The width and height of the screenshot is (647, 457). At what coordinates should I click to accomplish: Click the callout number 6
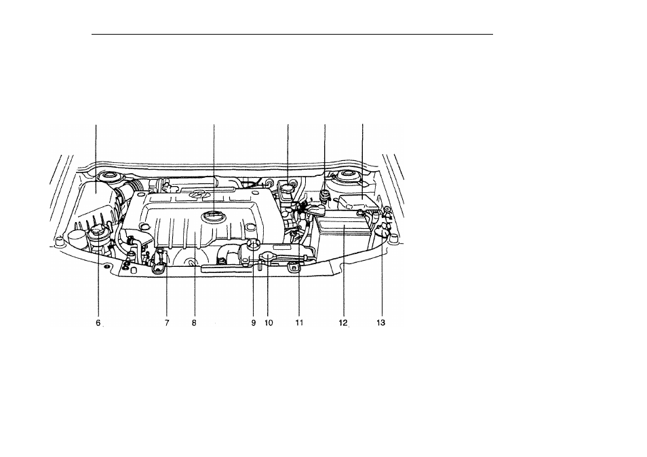(98, 323)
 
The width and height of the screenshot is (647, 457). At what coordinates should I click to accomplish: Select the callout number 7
(167, 323)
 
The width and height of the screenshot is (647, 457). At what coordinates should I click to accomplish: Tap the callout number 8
(194, 323)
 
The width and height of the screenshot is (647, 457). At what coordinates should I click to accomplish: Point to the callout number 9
(254, 323)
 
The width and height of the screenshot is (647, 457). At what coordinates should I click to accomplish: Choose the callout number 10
(268, 323)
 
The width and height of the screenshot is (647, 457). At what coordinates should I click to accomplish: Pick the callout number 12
(343, 323)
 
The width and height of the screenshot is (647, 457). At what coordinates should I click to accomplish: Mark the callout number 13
(380, 323)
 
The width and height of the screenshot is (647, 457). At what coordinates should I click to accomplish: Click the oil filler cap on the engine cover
(214, 216)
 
